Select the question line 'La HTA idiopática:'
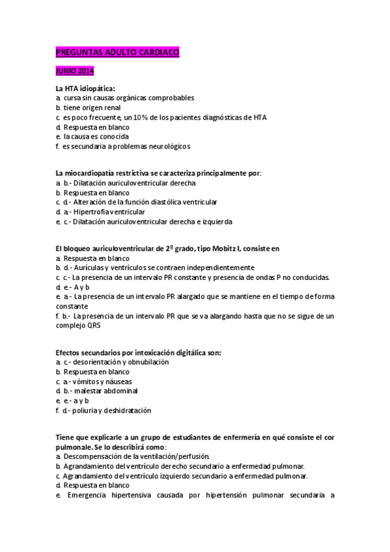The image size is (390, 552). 85,88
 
